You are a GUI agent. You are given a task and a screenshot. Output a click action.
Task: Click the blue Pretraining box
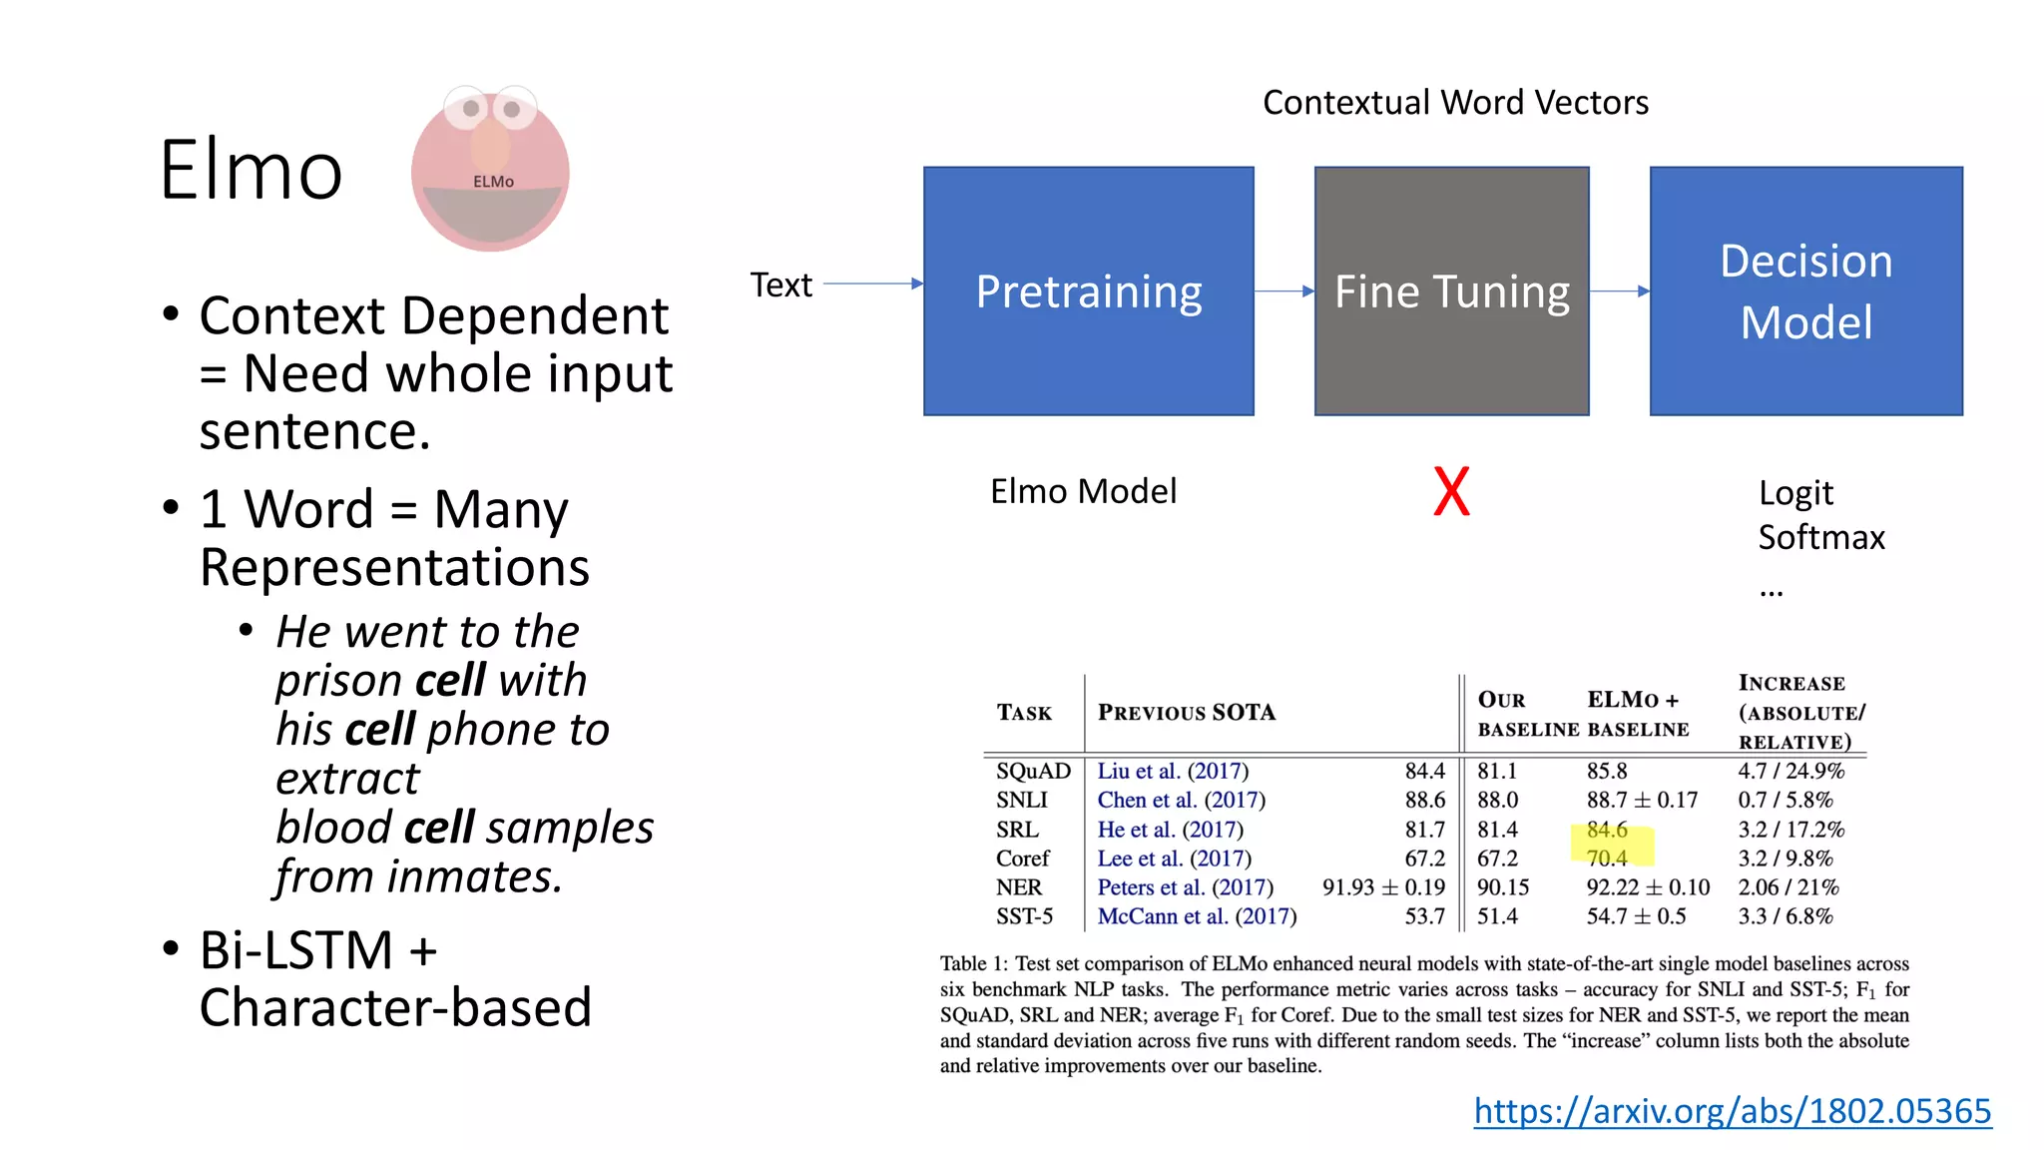point(1088,290)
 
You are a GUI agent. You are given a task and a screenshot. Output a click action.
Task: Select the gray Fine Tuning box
point(1451,290)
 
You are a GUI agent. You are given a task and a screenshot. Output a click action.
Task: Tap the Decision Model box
point(1805,290)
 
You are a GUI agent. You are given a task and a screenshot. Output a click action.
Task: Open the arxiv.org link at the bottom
point(1732,1110)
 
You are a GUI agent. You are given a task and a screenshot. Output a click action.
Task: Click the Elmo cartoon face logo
point(490,169)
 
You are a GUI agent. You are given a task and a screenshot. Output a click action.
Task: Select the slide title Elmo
point(251,170)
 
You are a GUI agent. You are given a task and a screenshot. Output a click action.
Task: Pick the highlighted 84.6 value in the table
point(1607,830)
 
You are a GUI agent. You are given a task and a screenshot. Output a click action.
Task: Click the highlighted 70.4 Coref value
point(1607,859)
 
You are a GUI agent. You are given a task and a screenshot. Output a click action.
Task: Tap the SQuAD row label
point(1033,771)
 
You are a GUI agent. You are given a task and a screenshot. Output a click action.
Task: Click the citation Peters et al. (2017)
point(1185,887)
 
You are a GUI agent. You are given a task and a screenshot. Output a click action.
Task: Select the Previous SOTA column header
point(1187,712)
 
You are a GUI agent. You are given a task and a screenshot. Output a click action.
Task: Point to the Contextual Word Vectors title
point(1455,102)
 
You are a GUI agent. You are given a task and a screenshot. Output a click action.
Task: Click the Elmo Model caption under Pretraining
point(1083,491)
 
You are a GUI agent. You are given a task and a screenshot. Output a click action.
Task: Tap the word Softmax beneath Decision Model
point(1821,537)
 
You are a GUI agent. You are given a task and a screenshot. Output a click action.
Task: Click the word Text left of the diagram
point(780,285)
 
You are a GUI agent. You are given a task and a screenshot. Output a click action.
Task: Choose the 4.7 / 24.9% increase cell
point(1790,771)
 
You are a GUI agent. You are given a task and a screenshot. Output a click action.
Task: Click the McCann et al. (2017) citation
point(1197,916)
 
